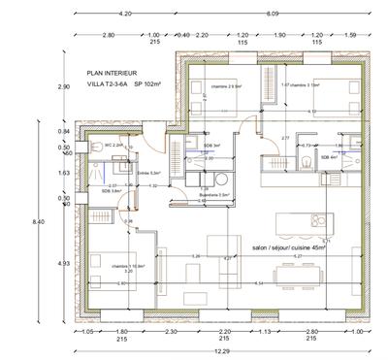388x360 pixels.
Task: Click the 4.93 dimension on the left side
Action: (x=64, y=262)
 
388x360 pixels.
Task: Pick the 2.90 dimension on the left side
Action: (x=64, y=87)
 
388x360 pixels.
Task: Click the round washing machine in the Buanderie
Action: (x=221, y=179)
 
